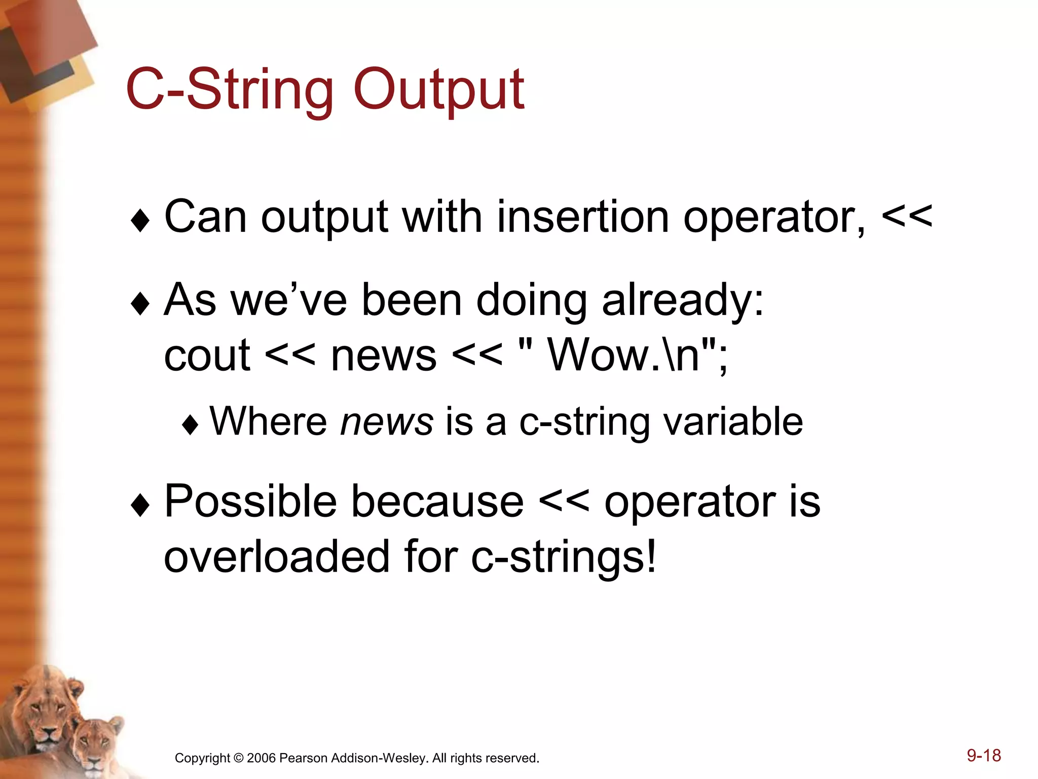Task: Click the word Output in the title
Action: (438, 90)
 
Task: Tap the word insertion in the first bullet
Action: (583, 217)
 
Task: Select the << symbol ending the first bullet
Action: (907, 217)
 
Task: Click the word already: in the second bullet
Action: (683, 300)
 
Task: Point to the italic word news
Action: (387, 422)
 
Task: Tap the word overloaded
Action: (277, 557)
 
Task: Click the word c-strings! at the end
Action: (564, 557)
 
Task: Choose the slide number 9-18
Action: (983, 756)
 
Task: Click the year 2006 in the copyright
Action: (261, 758)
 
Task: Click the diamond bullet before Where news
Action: (190, 425)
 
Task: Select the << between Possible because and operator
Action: (564, 502)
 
